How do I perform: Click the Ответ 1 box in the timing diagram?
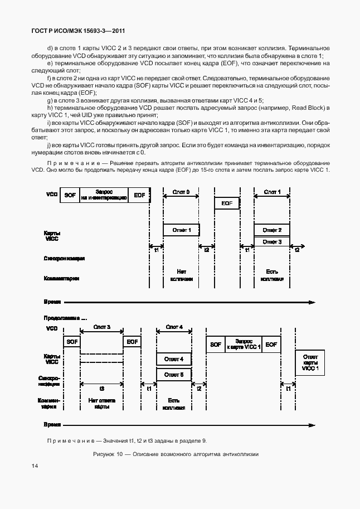181,230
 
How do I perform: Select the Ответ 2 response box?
272,230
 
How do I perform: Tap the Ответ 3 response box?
272,241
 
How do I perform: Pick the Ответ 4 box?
174,359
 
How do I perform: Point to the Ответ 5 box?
174,375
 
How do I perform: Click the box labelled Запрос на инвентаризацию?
104,195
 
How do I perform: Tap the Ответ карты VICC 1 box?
310,362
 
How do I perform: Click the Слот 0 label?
181,192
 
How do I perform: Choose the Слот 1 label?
272,192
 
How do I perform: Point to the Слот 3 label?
101,327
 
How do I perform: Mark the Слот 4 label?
174,327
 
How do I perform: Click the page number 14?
35,466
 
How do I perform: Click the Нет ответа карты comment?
101,403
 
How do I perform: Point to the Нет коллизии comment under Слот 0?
181,274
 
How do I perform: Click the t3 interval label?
101,388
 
